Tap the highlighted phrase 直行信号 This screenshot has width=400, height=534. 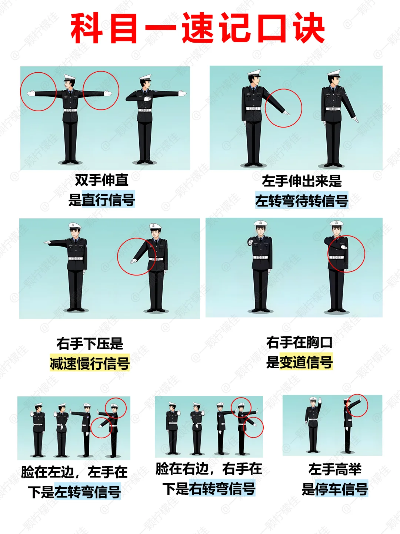coord(108,200)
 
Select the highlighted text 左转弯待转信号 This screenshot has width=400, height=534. coord(301,201)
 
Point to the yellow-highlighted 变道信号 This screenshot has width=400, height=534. coord(306,362)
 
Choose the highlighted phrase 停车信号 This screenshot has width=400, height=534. coord(341,489)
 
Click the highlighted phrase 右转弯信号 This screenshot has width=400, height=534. coord(222,488)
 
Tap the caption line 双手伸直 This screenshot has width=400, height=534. coord(101,180)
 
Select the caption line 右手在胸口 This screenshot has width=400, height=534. coord(299,342)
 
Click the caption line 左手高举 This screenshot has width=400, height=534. coord(335,469)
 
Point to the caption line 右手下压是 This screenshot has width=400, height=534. coord(90,343)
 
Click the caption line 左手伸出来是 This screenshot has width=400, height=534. coord(302,181)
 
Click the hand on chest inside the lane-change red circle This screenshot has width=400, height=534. coord(344,247)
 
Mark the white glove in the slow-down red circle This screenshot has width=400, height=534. coord(134,261)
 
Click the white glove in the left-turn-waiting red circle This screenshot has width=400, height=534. coord(287,113)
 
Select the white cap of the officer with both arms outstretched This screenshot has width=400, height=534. coord(70,78)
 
